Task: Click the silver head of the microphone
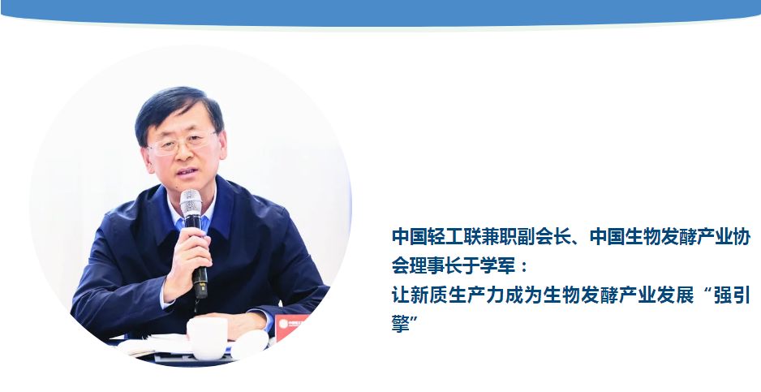pos(191,202)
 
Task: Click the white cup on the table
pos(207,338)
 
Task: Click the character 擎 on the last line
pos(401,324)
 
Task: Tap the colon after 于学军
pos(523,267)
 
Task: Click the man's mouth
pos(187,172)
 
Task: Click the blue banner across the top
pos(380,13)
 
